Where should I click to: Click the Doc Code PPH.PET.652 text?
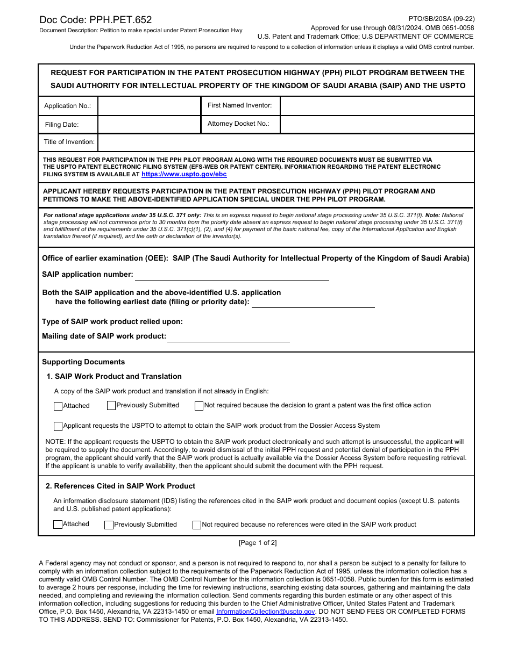tap(95, 20)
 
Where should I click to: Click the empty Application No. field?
tap(149, 106)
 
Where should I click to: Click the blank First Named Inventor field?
tap(377, 106)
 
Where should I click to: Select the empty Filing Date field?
tap(149, 125)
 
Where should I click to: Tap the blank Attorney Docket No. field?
tap(377, 124)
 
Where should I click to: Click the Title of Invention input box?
tap(285, 142)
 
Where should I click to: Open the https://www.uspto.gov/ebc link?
tap(184, 175)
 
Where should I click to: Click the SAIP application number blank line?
tap(231, 275)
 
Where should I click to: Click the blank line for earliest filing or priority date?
tap(313, 303)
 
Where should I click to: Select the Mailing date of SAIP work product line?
tap(228, 337)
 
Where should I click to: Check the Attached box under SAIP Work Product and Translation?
tap(58, 406)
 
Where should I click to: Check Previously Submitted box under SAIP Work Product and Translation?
tap(111, 406)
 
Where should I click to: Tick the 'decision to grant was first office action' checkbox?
tap(199, 406)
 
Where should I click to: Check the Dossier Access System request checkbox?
tap(58, 426)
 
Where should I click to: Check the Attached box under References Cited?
tap(58, 525)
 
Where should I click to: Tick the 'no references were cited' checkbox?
tap(197, 525)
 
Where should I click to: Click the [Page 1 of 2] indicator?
tap(258, 543)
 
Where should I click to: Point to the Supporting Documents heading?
tap(83, 362)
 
